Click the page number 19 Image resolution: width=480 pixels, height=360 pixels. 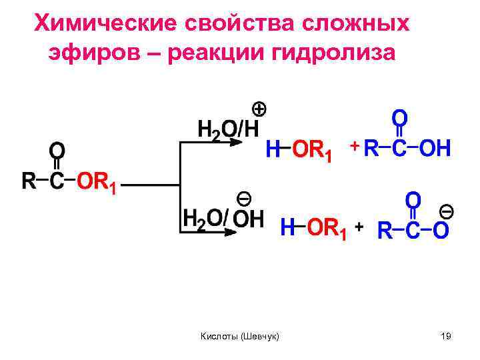coord(446,337)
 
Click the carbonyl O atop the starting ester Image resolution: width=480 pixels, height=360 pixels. coord(57,147)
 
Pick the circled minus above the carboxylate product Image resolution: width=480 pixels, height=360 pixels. coord(446,212)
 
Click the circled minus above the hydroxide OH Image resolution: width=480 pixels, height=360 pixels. coord(244,197)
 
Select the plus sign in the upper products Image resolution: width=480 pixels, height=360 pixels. coord(355,145)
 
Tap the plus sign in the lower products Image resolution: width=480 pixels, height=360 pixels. coord(359,227)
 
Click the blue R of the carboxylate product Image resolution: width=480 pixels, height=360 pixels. coord(385,231)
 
